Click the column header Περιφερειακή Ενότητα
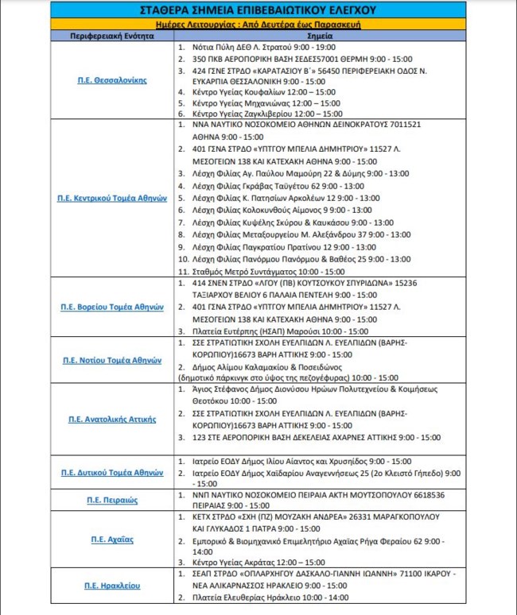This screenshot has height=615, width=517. point(112,37)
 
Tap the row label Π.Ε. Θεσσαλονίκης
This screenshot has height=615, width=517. point(112,81)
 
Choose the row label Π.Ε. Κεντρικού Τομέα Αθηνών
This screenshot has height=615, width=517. point(112,198)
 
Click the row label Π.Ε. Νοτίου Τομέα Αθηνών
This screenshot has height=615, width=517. point(112,360)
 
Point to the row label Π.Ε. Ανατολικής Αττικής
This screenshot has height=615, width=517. point(112,419)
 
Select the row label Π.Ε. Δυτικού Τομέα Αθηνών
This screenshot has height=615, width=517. point(112,472)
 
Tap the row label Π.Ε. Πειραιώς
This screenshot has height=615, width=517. point(112,501)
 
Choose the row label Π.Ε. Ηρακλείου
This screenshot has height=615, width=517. point(112,586)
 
